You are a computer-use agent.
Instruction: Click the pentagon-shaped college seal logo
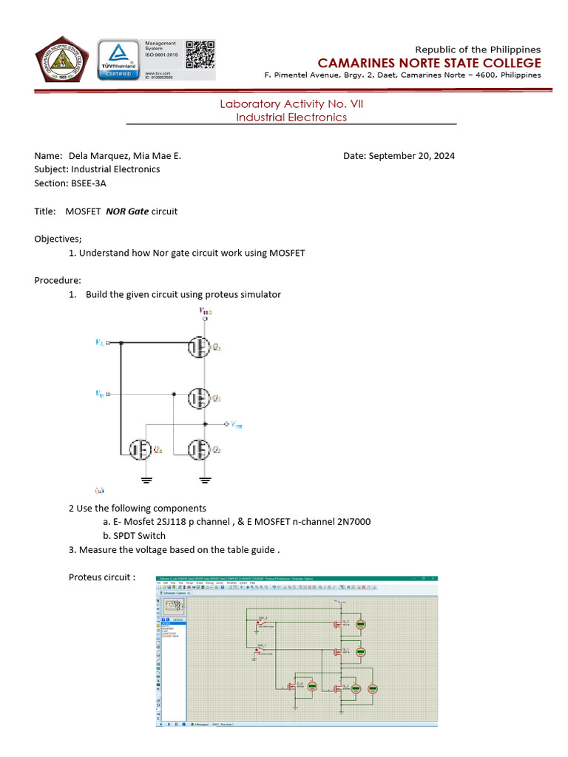point(63,60)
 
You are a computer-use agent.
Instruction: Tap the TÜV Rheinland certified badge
point(118,60)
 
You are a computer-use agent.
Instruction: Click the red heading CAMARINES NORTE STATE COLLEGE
point(429,63)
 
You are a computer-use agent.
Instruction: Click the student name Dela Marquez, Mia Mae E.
point(124,156)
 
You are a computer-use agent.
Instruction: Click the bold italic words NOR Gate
point(127,211)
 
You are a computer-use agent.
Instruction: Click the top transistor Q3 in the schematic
point(198,347)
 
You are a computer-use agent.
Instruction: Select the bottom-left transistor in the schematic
point(138,449)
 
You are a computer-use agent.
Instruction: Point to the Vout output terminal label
point(235,425)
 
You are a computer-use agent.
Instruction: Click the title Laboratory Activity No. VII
point(291,104)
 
